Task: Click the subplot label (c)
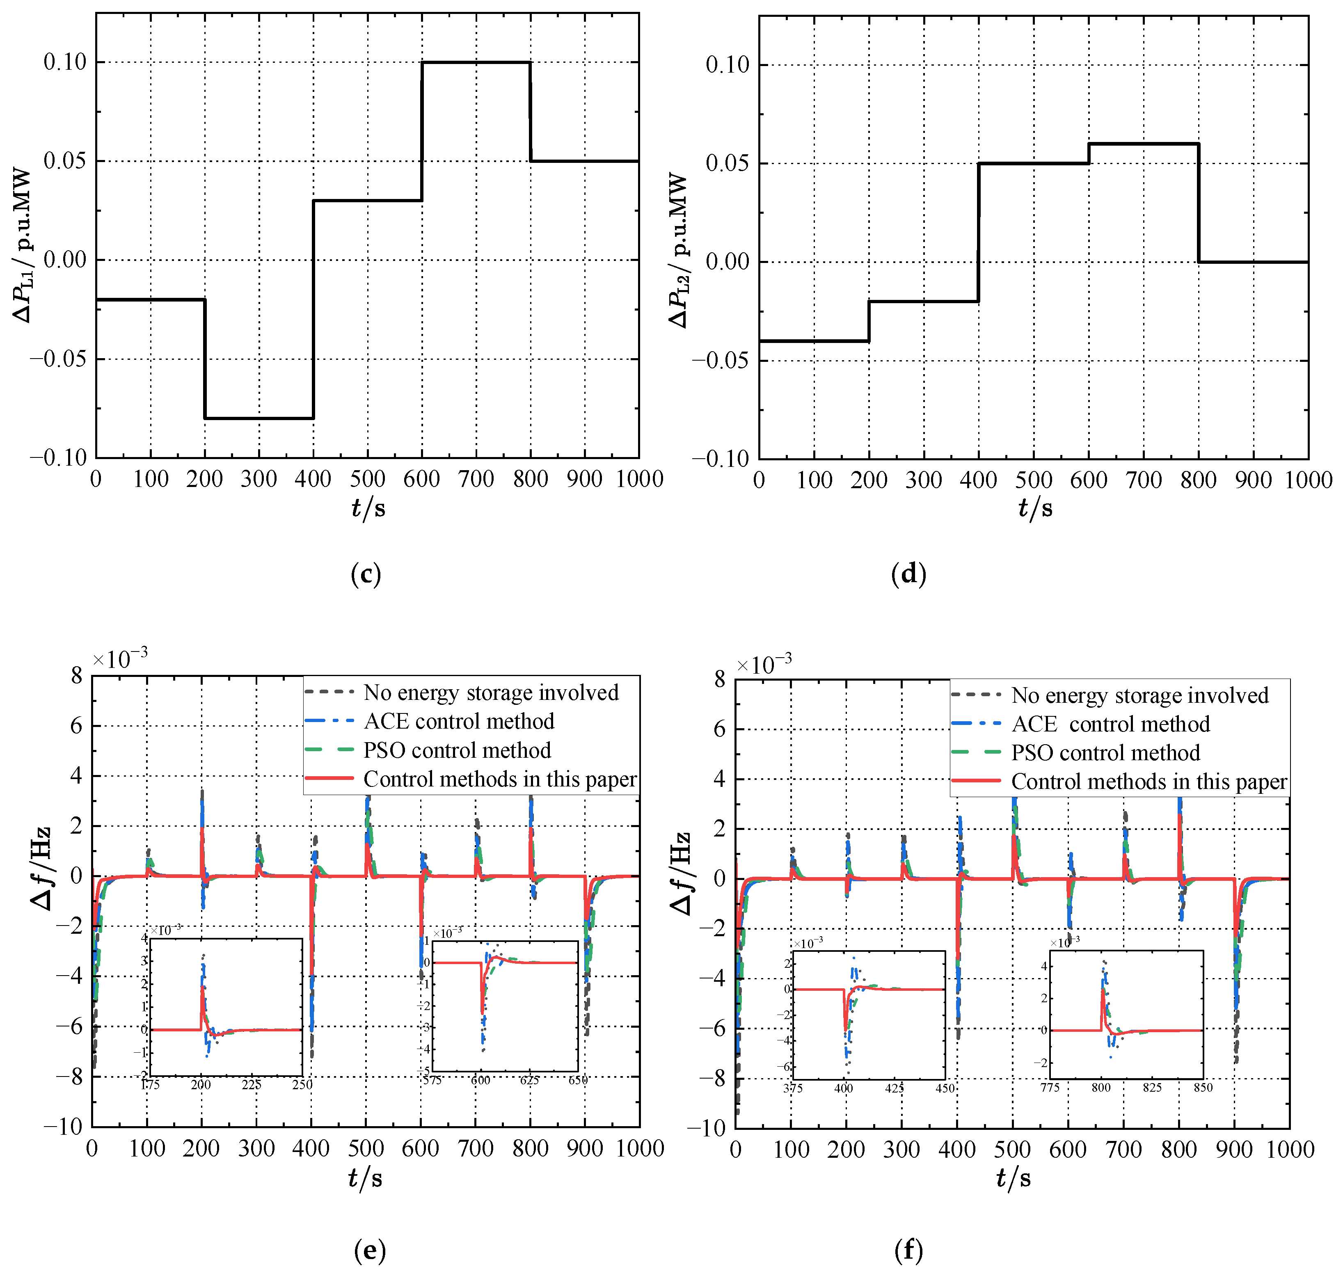coord(365,574)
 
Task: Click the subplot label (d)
coord(908,574)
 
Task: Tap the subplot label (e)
coord(369,1250)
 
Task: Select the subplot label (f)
coord(908,1250)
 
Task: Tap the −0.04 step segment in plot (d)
coord(813,341)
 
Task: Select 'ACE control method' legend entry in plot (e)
coord(459,721)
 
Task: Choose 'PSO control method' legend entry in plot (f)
coord(1105,752)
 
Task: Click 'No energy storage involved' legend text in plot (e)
coord(491,693)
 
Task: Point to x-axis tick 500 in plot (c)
coord(367,479)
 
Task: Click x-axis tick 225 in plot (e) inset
coord(251,1085)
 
